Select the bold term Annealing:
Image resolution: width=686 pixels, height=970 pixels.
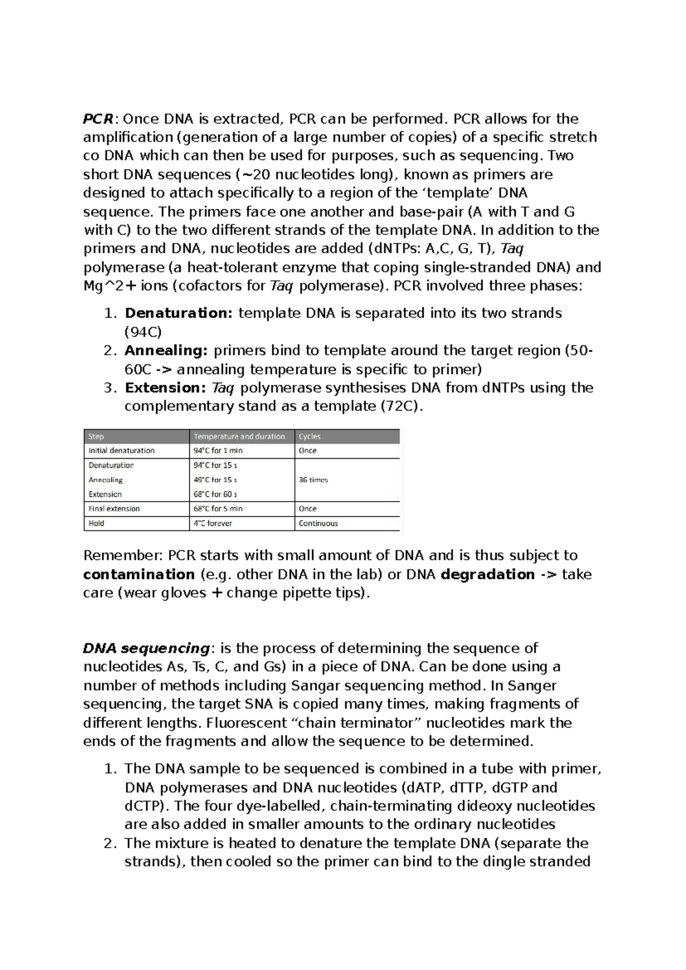point(166,351)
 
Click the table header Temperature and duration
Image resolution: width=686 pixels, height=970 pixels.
point(239,436)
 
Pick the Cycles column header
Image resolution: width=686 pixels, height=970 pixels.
point(309,436)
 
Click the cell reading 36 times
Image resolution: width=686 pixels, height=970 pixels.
point(313,480)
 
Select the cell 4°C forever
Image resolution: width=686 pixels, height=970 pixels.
point(213,523)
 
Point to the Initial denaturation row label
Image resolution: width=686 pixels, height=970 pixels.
point(121,451)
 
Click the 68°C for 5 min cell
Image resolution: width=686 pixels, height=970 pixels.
point(218,508)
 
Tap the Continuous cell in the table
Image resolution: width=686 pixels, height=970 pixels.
point(318,523)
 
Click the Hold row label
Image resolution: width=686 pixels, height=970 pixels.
point(96,523)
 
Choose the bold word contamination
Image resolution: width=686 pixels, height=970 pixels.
point(139,574)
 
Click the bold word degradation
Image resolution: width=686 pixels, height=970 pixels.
point(488,574)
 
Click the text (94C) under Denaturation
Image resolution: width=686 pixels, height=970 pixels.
point(143,332)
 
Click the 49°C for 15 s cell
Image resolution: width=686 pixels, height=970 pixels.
point(215,480)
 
